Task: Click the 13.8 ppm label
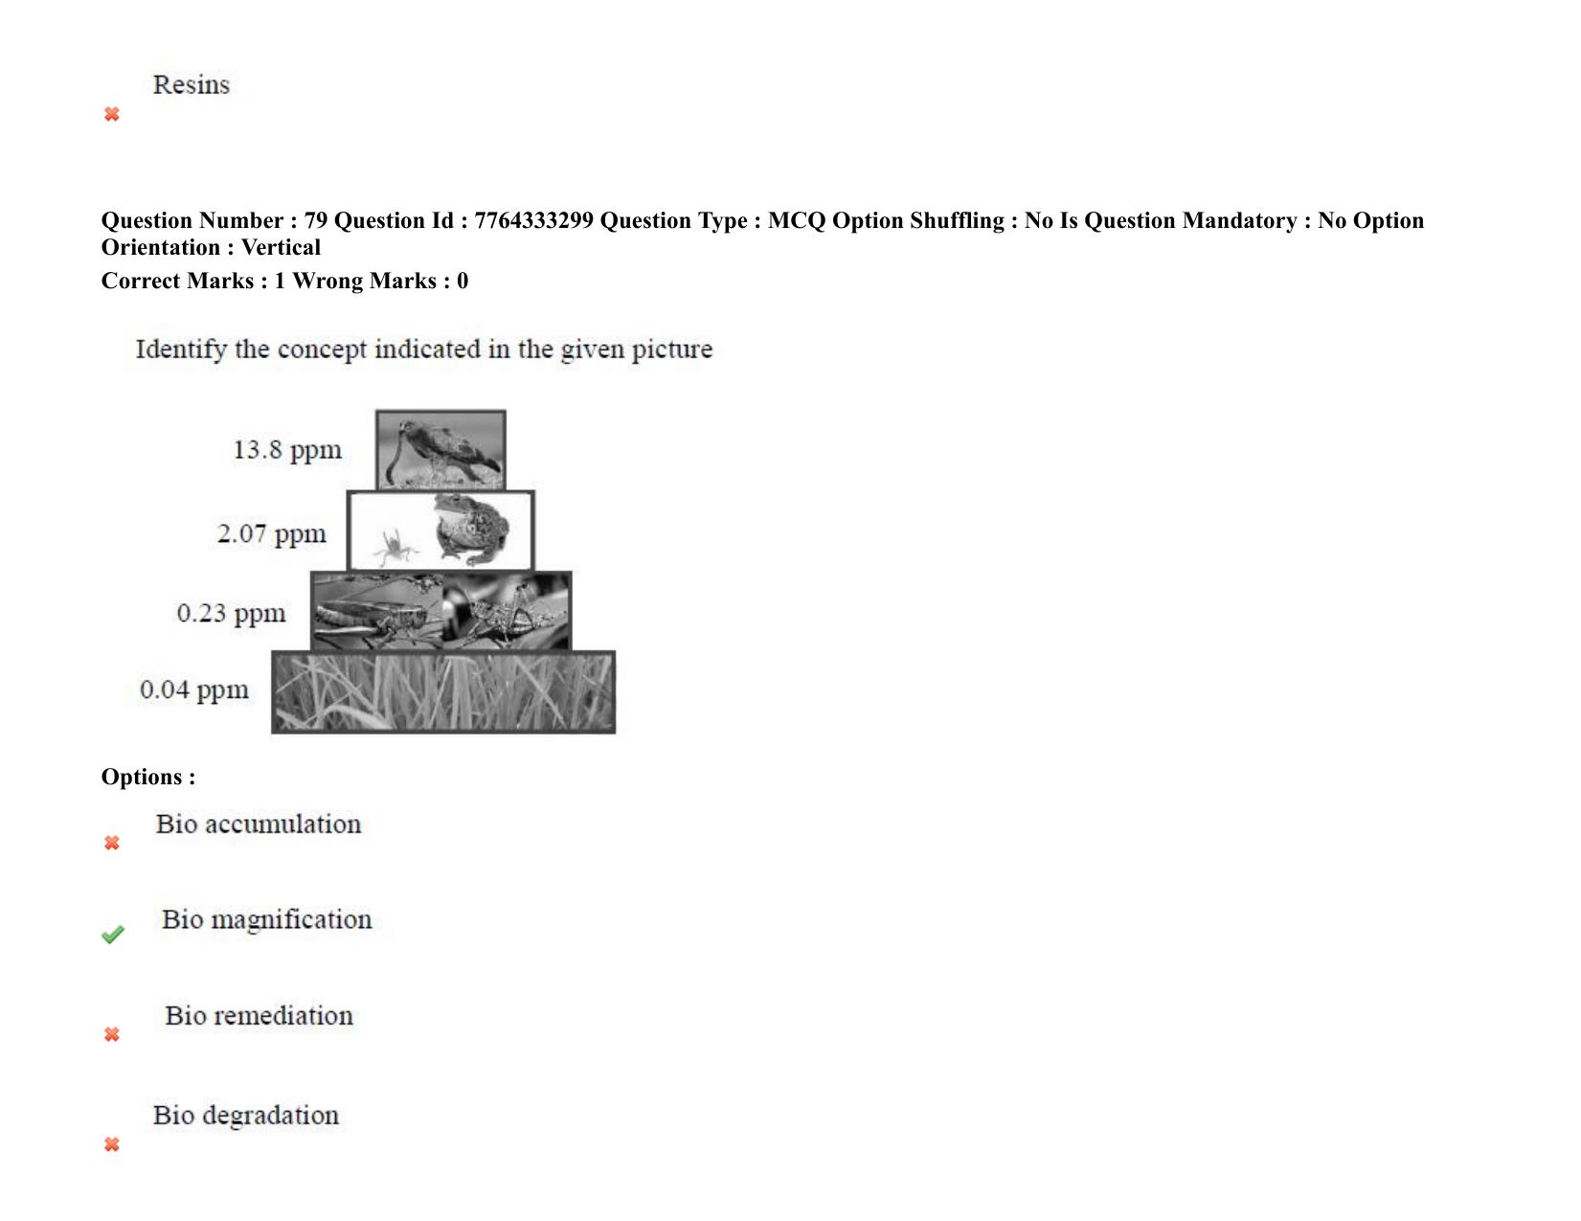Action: [286, 450]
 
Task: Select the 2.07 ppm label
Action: [271, 534]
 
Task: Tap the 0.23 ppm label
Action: [232, 614]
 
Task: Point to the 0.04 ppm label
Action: [193, 690]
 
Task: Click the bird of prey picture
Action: [440, 450]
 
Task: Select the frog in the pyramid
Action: [472, 529]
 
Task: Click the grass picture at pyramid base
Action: [443, 692]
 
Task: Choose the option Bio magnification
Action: [266, 920]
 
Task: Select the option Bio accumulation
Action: [259, 825]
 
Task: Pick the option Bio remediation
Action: [259, 1016]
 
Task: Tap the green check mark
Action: [113, 935]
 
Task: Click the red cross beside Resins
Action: [111, 114]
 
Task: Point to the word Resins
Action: [192, 84]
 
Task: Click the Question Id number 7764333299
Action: [534, 220]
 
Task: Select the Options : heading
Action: [148, 778]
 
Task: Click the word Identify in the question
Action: [181, 350]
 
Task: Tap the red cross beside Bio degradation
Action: [111, 1145]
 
